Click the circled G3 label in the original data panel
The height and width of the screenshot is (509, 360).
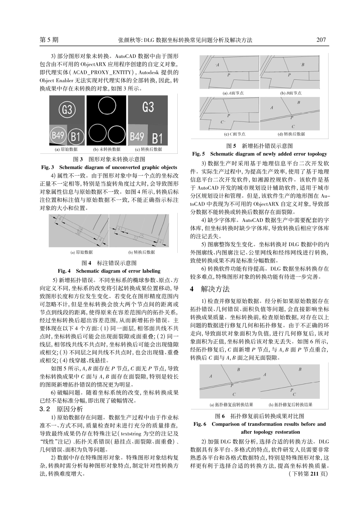(67, 110)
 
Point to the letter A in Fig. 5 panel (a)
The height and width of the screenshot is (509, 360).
(218, 65)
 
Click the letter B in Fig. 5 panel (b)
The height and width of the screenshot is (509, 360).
(302, 65)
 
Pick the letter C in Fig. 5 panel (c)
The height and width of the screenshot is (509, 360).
(222, 122)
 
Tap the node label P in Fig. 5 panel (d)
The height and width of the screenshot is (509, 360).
(291, 118)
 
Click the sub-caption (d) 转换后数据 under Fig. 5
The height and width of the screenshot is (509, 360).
(291, 134)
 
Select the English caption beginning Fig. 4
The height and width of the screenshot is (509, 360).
(109, 271)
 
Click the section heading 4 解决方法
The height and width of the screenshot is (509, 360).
(210, 289)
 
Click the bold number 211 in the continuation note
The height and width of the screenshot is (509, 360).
(315, 474)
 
